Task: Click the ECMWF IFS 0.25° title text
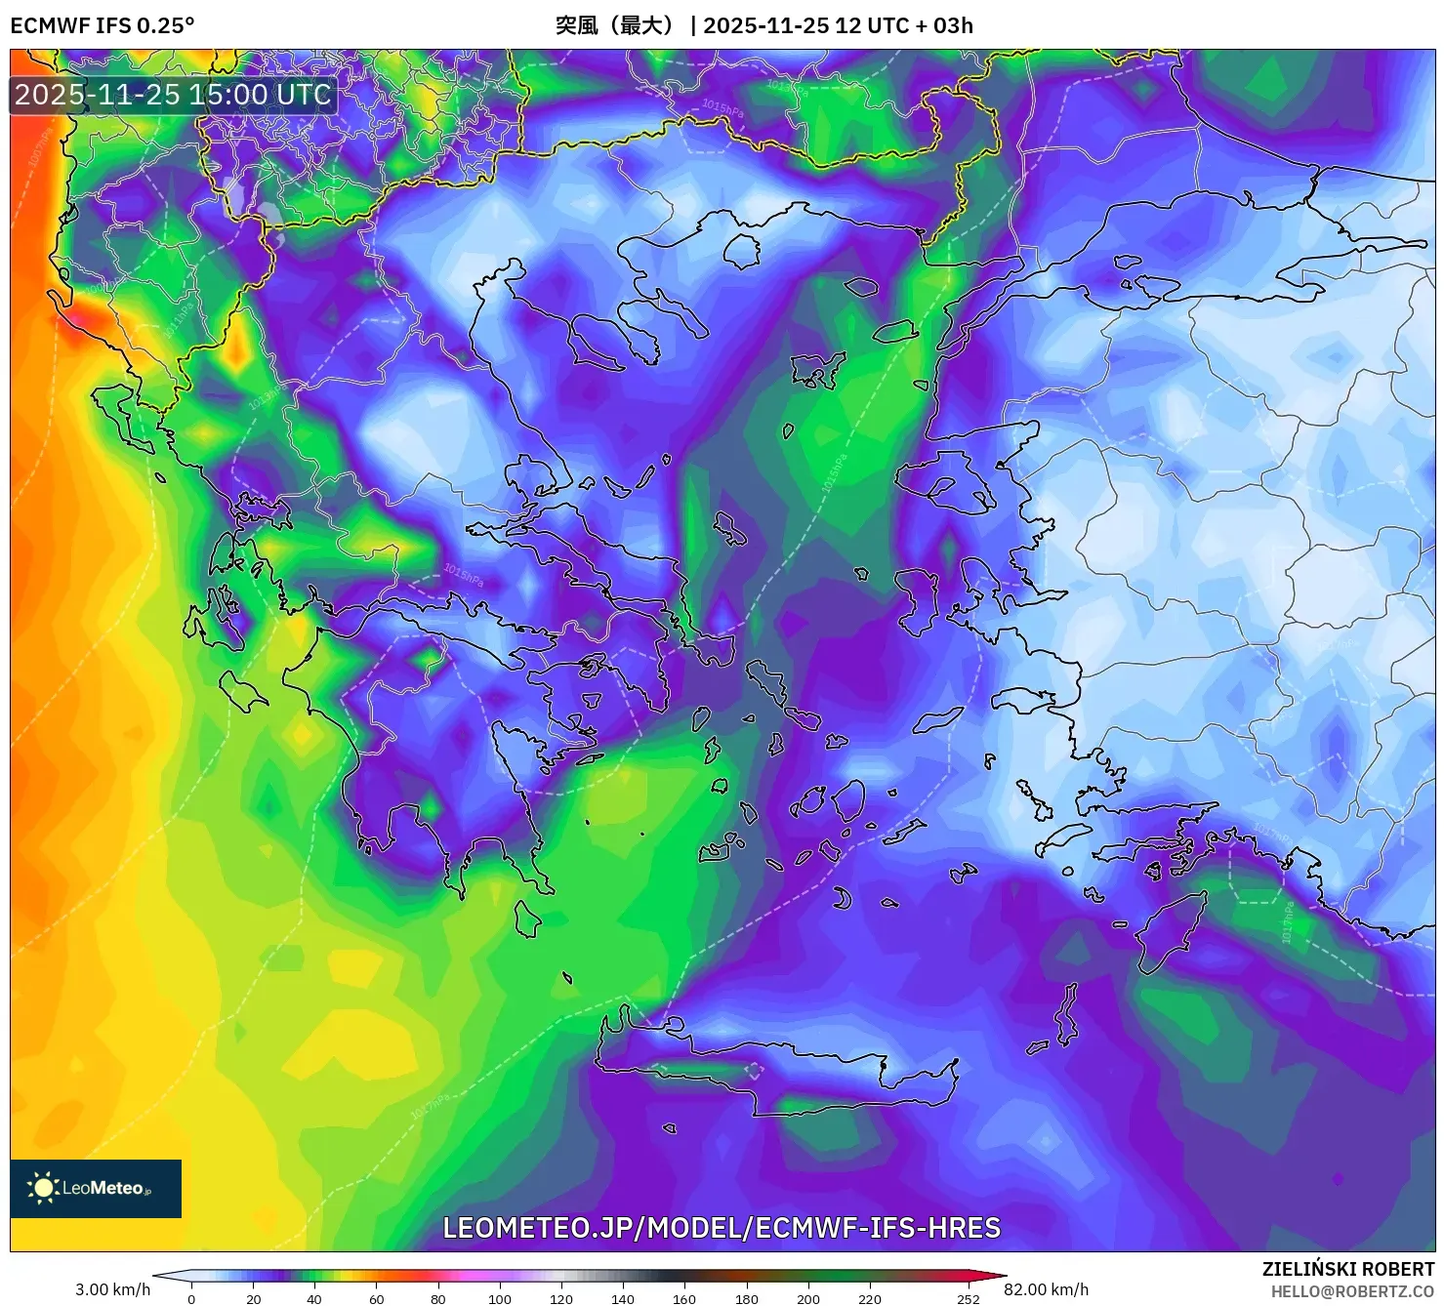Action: coord(103,25)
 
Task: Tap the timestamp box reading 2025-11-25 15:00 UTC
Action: coord(173,95)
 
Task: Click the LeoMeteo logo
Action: coord(96,1188)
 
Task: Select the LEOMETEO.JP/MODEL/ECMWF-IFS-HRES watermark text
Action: coord(722,1228)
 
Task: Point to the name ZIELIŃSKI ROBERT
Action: coord(1347,1270)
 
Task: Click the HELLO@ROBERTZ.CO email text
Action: coord(1352,1291)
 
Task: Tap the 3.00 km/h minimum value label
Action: coord(112,1289)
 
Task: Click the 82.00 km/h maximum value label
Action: coord(1046,1289)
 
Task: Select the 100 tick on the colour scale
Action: coord(499,1299)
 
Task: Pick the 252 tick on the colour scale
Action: coord(968,1299)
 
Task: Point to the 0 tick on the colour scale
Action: coord(191,1299)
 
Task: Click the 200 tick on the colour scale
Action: coord(807,1299)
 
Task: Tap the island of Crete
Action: coord(771,1069)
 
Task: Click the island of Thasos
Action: coord(741,251)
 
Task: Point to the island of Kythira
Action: coord(527,919)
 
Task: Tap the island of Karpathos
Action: coord(1067,1015)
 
